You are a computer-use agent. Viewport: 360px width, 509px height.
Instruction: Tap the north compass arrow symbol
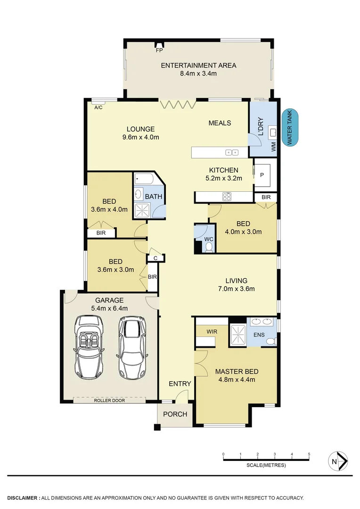338,461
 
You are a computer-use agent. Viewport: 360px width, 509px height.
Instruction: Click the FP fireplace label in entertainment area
159,49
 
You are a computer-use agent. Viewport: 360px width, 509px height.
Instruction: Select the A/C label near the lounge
98,108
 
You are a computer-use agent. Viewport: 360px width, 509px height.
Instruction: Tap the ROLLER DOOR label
109,401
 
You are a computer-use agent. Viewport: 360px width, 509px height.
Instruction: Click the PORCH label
175,415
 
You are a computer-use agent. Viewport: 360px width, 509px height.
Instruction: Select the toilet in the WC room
208,247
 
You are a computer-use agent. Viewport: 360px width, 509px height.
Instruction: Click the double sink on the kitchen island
231,152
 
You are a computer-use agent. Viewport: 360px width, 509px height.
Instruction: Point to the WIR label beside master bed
212,332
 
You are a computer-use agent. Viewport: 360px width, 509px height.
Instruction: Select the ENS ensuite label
259,335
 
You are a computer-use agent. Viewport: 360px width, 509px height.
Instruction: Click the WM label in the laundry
273,147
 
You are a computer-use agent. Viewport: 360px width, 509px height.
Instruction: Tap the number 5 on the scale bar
309,454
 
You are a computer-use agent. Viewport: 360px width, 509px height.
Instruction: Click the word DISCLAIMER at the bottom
22,498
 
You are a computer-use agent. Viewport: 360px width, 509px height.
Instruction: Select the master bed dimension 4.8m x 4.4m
237,379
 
